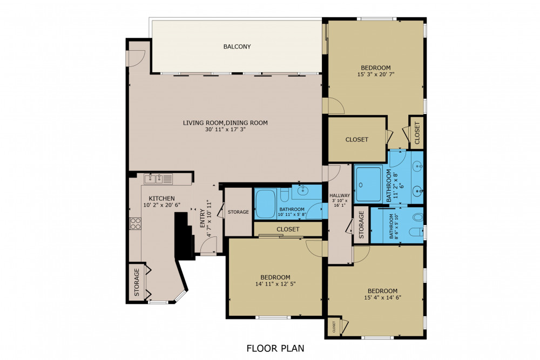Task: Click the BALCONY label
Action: [x=237, y=46]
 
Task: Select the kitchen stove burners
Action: [x=135, y=223]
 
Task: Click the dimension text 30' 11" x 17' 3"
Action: [x=225, y=130]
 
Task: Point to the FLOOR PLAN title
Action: [x=275, y=348]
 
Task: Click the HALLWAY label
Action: [x=340, y=195]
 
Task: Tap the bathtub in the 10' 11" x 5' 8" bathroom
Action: [x=265, y=203]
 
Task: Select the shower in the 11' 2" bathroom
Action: [x=368, y=184]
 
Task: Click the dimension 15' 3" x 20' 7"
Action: [x=376, y=74]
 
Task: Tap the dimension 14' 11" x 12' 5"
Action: [x=275, y=284]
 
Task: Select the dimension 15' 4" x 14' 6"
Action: [x=383, y=297]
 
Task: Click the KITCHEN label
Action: [x=161, y=199]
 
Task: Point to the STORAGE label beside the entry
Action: [x=238, y=212]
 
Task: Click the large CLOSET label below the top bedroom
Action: [x=357, y=139]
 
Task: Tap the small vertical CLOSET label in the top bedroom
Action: [x=417, y=133]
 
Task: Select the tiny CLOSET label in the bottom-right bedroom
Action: [x=334, y=327]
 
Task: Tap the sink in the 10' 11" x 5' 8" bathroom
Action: [x=303, y=191]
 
